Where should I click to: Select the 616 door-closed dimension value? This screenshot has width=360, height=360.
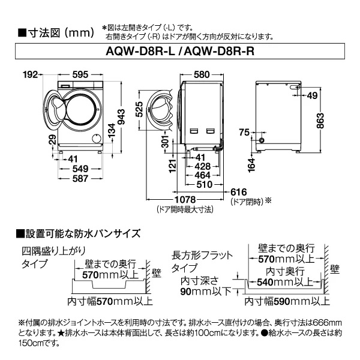(238, 191)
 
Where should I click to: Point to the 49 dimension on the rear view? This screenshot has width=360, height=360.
(312, 95)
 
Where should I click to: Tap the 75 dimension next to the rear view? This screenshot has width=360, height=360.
(244, 132)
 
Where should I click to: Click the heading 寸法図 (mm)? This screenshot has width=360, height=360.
(55, 32)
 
